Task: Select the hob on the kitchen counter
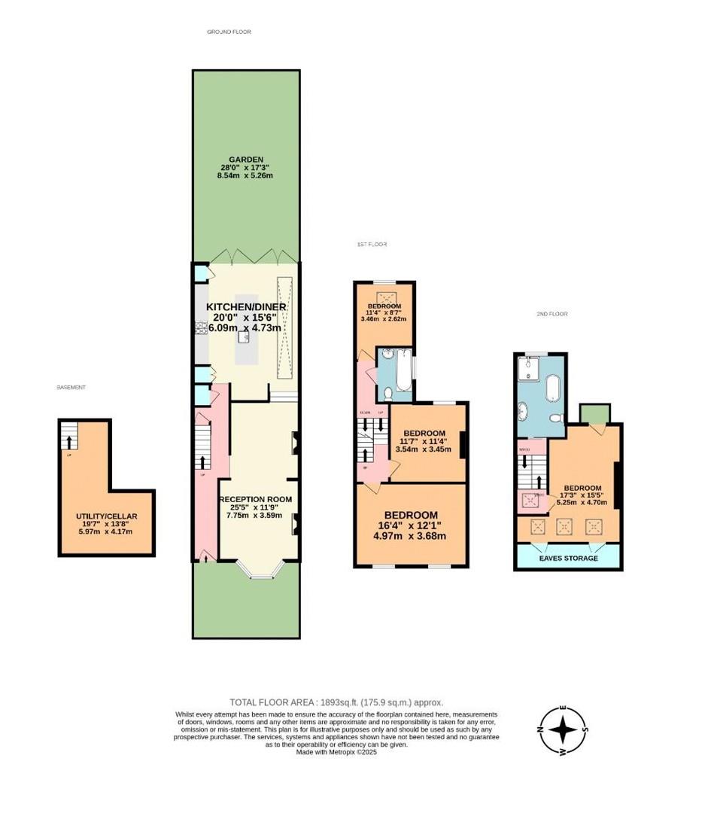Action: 201,327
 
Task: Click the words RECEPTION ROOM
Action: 255,499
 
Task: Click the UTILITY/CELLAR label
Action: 106,516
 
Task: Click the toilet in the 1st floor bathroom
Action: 385,392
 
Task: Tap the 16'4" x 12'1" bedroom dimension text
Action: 411,525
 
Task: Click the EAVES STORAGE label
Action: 568,558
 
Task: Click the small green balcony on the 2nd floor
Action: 595,413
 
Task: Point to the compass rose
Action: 563,729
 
